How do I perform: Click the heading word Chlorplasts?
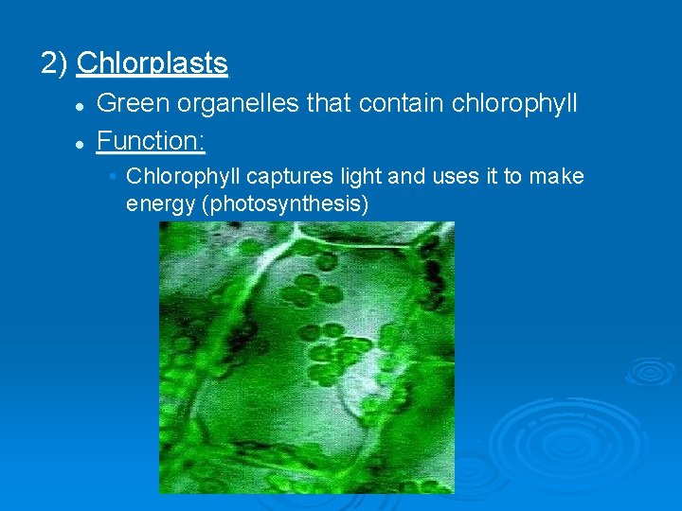tap(152, 63)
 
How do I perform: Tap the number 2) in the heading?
tap(54, 63)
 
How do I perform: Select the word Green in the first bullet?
tap(129, 102)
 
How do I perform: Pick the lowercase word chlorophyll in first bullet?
tap(509, 103)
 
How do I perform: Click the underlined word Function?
tap(152, 141)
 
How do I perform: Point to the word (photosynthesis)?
tap(285, 203)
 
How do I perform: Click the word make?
tap(558, 177)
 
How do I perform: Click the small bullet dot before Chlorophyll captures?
tap(113, 177)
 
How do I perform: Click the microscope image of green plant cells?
tap(306, 357)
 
